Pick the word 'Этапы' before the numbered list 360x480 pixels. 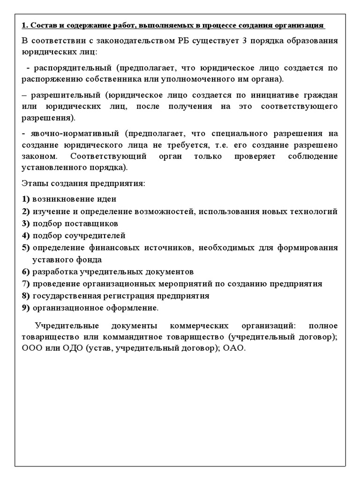33,183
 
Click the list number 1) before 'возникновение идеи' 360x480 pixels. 26,199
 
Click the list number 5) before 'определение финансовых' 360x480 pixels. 26,247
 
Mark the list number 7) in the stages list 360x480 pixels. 26,284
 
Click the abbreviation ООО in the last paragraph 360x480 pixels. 31,349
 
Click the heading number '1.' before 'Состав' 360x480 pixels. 25,25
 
